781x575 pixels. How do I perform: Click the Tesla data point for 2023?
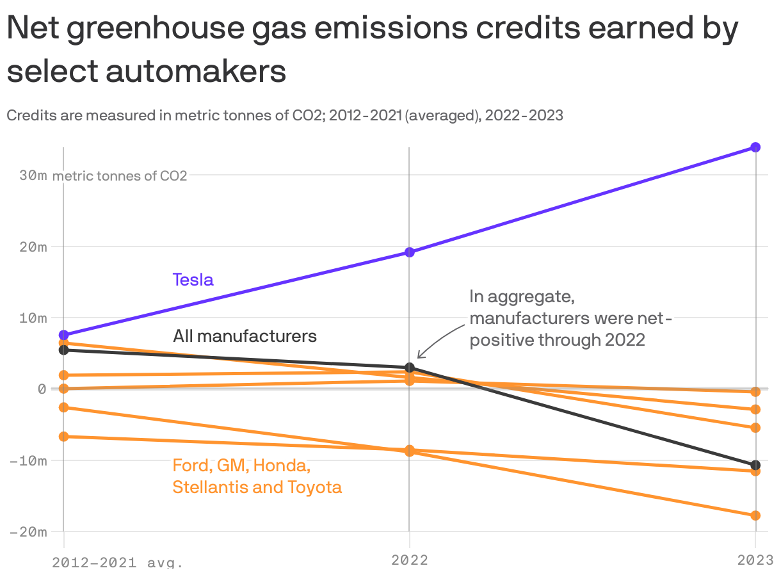755,147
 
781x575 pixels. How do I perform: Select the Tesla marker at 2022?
410,252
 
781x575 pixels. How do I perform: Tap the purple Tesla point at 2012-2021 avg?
63,335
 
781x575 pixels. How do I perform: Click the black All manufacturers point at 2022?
410,368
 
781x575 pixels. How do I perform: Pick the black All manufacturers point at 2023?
755,465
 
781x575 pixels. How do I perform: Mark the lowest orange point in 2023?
755,515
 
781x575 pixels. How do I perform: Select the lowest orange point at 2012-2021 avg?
63,437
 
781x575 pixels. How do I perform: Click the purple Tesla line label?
193,280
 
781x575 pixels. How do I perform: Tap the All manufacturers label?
245,336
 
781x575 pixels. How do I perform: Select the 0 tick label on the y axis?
42,389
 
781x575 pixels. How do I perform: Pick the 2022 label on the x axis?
410,560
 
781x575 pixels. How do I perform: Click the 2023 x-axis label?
755,560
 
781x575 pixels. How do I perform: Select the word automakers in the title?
196,72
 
